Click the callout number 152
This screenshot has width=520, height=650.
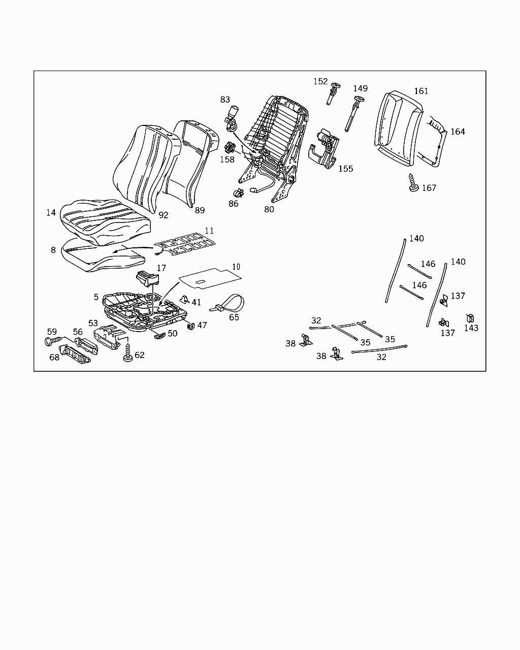(x=320, y=81)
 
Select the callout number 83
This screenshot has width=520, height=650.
(x=225, y=100)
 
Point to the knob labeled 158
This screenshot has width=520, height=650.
(x=230, y=149)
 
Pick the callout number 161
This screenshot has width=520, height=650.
(x=421, y=91)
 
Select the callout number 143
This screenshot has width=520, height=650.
(x=471, y=328)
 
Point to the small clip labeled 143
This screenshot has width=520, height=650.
(x=470, y=318)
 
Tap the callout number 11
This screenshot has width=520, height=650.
(x=209, y=231)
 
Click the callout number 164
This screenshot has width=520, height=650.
(x=458, y=132)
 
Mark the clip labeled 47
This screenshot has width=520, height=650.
(x=191, y=326)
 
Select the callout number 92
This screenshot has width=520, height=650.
(x=163, y=215)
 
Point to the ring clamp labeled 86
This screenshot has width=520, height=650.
(x=238, y=193)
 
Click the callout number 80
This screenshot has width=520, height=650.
(x=269, y=209)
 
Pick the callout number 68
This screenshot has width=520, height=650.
(x=54, y=357)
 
